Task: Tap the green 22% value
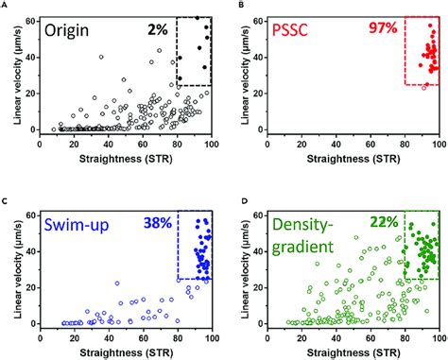click(384, 224)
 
